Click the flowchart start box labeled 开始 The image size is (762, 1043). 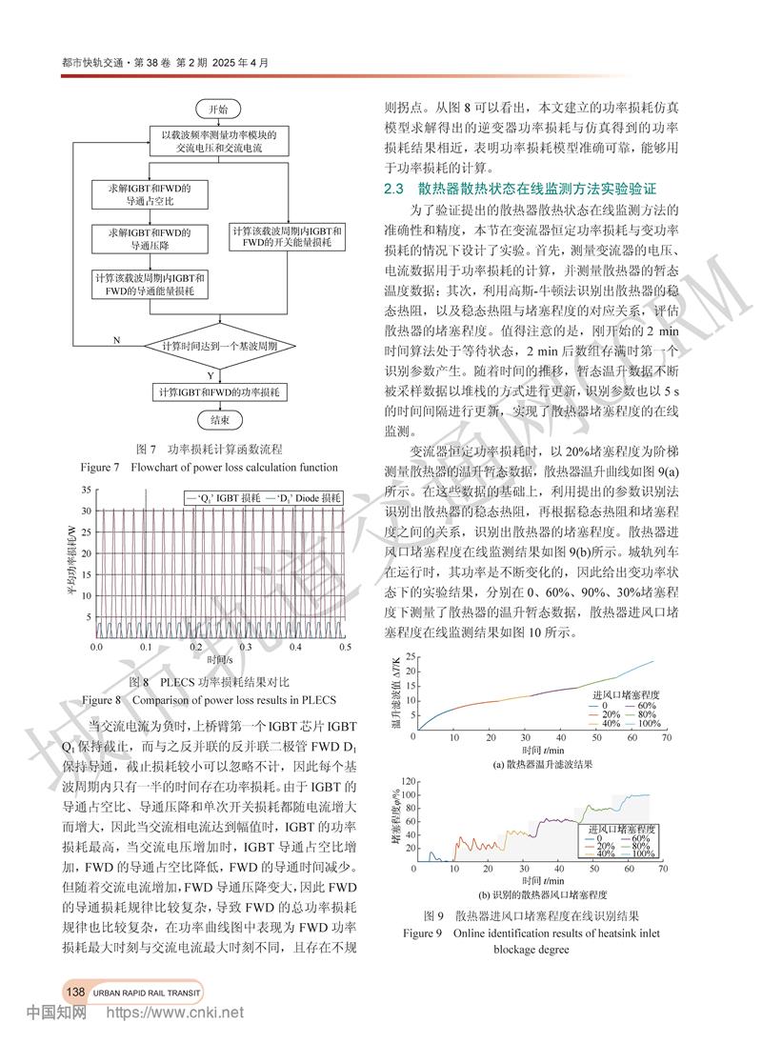[218, 109]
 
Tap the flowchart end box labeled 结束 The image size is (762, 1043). [218, 419]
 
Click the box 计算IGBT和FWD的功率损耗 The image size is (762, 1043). [219, 391]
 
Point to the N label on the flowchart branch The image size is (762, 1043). [116, 339]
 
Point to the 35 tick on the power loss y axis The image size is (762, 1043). [86, 490]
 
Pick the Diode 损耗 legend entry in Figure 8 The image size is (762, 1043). [302, 498]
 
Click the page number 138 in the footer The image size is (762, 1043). [76, 992]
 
